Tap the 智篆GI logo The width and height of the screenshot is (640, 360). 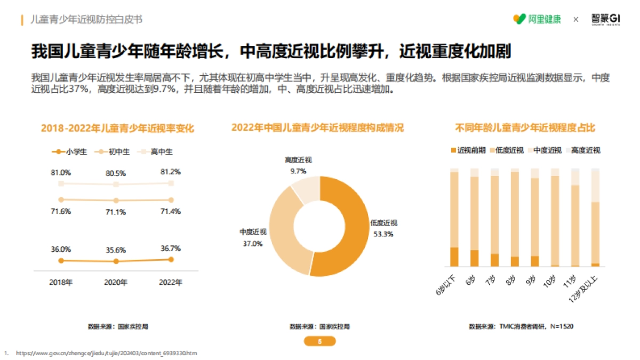[x=606, y=19]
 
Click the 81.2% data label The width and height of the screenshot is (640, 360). [x=170, y=172]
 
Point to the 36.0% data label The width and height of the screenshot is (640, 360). [x=61, y=249]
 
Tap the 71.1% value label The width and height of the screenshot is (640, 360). [x=116, y=212]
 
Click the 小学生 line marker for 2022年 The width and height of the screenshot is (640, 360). [x=171, y=260]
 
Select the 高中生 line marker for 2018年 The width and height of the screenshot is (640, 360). [x=61, y=183]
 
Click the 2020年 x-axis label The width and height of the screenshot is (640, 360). [x=116, y=282]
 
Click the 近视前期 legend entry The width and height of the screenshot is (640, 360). [x=468, y=150]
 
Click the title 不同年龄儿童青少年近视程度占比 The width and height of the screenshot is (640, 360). [x=525, y=128]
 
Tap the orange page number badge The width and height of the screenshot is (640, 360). [x=319, y=342]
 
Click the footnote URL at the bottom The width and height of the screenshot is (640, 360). [x=106, y=353]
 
